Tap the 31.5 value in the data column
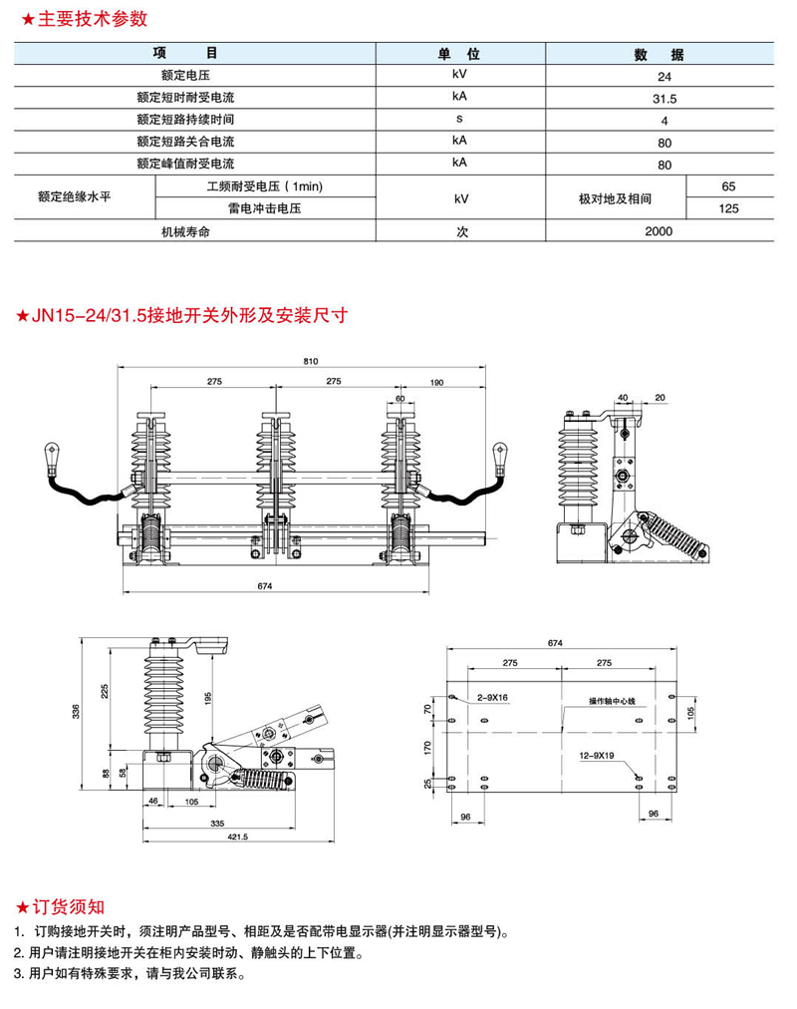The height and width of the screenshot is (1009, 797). pyautogui.click(x=664, y=99)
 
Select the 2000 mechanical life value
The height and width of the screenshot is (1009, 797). pyautogui.click(x=659, y=231)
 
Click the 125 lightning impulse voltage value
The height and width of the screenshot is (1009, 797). pyautogui.click(x=729, y=208)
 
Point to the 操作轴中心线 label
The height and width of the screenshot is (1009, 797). pyautogui.click(x=612, y=703)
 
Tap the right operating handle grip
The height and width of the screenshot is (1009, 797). pyautogui.click(x=500, y=459)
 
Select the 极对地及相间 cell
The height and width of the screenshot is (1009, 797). pyautogui.click(x=615, y=198)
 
